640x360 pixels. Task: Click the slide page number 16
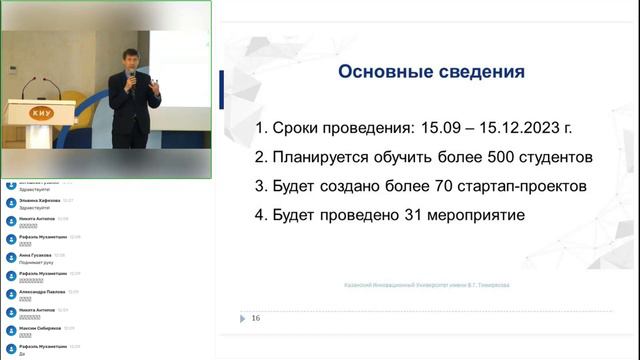tap(256, 319)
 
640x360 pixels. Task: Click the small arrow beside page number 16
tap(242, 319)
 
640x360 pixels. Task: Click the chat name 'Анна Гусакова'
tap(35, 255)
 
